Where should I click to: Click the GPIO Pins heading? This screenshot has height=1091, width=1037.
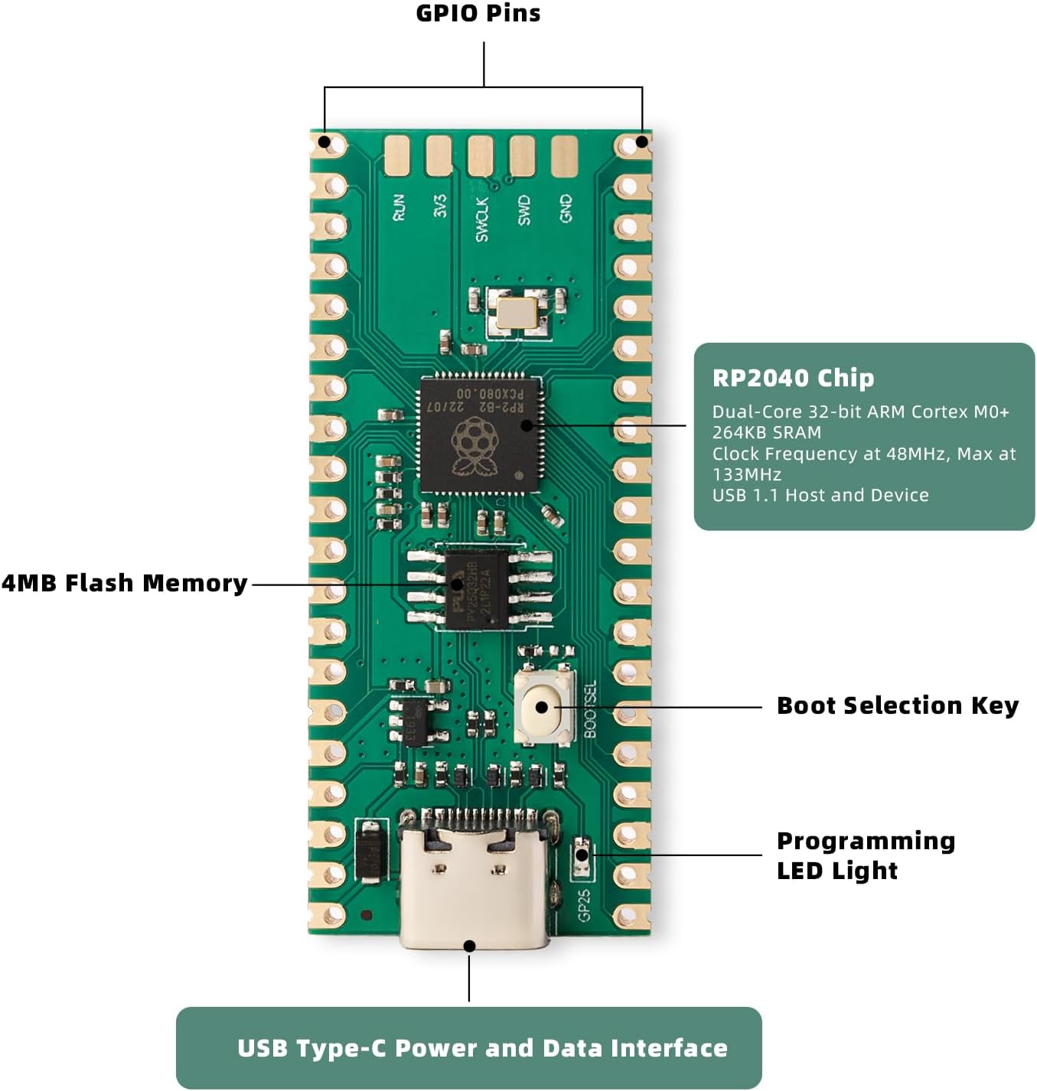pos(478,13)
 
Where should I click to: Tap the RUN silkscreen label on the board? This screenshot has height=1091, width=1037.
pos(399,207)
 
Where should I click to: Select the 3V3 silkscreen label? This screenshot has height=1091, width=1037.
pos(440,206)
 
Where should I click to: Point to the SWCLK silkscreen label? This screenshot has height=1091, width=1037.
pos(481,219)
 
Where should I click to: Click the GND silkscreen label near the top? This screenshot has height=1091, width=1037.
pos(566,208)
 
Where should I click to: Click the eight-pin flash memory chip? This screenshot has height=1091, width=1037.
pos(477,589)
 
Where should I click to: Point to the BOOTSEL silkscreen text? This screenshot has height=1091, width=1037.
pos(590,709)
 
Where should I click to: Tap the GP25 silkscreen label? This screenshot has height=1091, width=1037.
pos(584,904)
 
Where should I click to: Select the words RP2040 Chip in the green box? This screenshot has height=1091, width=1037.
pos(793,378)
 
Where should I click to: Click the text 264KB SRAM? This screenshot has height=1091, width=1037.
pos(766,432)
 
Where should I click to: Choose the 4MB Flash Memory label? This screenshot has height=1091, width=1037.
pos(125,583)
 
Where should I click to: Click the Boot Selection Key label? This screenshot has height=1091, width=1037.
pos(897,705)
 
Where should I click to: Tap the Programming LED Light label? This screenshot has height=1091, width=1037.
pos(865,855)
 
